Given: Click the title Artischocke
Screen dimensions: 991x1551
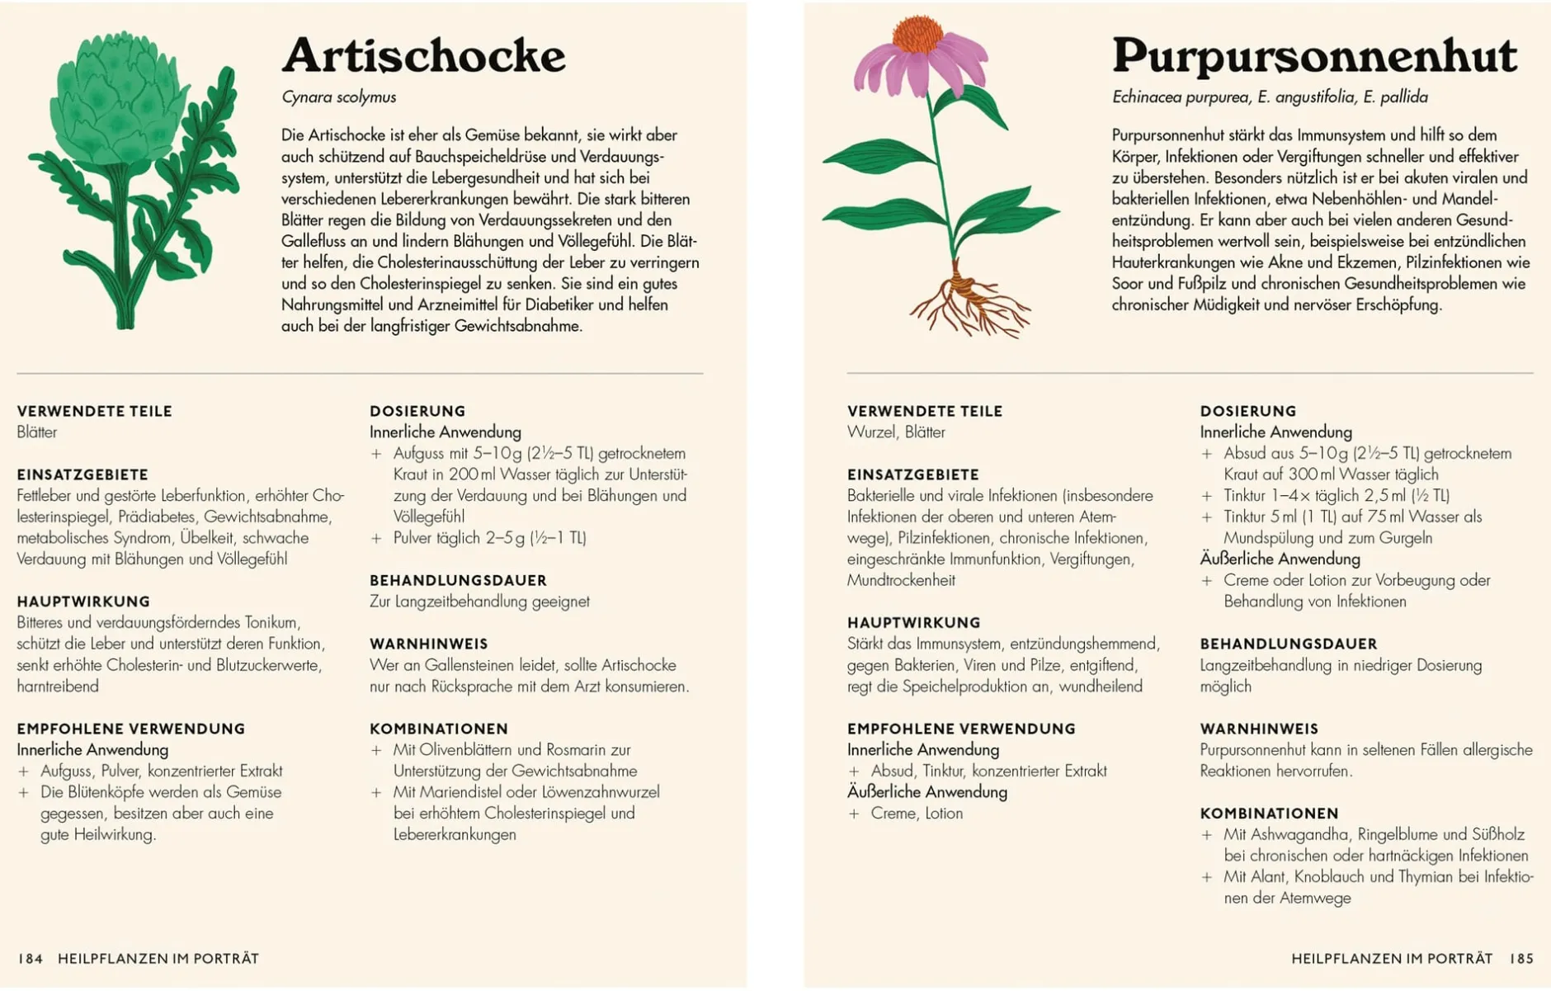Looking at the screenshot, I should [x=423, y=56].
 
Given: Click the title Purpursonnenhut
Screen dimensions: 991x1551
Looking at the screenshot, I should [x=1313, y=56].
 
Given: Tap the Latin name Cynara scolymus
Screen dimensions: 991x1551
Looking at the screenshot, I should [x=338, y=97].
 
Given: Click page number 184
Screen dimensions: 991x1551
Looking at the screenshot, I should [x=31, y=958].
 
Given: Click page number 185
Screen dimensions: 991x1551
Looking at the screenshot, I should [x=1521, y=958].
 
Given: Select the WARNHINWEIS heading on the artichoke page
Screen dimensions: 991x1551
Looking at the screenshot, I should [x=428, y=644].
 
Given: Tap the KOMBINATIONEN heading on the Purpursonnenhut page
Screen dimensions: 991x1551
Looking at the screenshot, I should [x=1269, y=813].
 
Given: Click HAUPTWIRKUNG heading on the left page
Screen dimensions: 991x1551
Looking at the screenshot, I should [x=83, y=602].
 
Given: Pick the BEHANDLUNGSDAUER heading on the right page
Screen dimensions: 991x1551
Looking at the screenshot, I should [x=1289, y=644].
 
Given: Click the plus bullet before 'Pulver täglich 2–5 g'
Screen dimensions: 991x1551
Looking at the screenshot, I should [x=376, y=538].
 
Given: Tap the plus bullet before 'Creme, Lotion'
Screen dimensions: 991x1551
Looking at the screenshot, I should [x=854, y=814].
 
